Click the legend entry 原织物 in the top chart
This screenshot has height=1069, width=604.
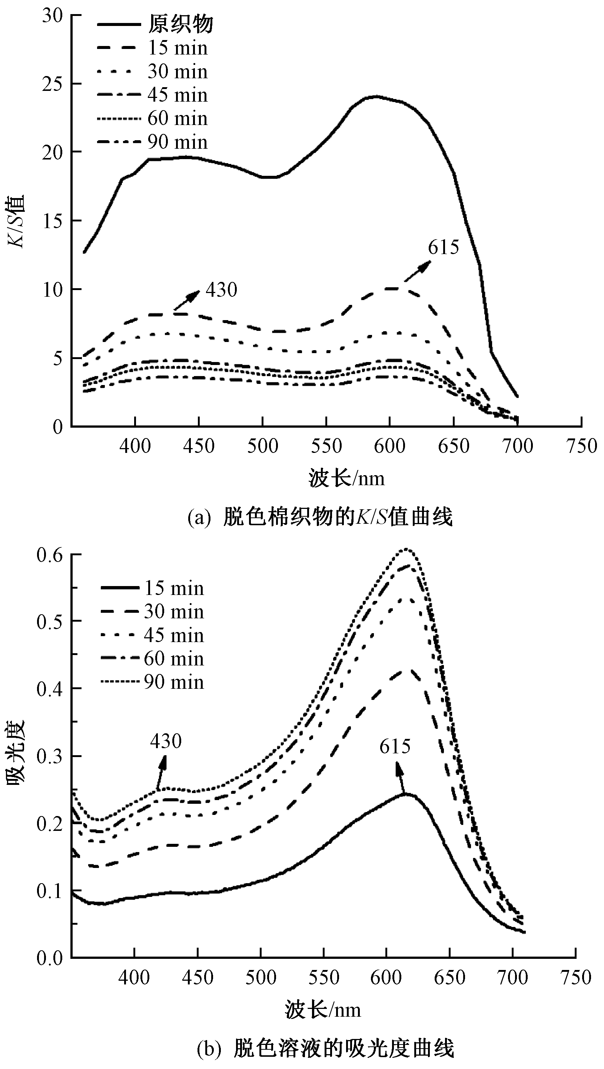pyautogui.click(x=181, y=24)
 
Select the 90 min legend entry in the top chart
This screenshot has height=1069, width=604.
pyautogui.click(x=177, y=142)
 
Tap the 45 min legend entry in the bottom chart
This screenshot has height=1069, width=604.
pyautogui.click(x=174, y=635)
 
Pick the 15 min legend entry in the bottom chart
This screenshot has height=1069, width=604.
pyautogui.click(x=174, y=588)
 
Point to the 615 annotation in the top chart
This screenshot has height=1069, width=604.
pyautogui.click(x=444, y=247)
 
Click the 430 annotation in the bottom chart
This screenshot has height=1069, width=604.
pyautogui.click(x=166, y=741)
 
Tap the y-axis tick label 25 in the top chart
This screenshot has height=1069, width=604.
pyautogui.click(x=52, y=84)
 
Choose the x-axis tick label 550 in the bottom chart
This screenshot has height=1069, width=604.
pyautogui.click(x=324, y=978)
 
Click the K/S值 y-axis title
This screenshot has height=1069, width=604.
pyautogui.click(x=17, y=221)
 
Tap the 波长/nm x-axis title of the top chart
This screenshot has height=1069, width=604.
pyautogui.click(x=346, y=478)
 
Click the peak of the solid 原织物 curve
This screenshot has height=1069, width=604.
pyautogui.click(x=376, y=96)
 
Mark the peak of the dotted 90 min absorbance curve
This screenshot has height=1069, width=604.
pyautogui.click(x=407, y=549)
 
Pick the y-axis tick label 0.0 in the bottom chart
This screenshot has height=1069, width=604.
pyautogui.click(x=49, y=958)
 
